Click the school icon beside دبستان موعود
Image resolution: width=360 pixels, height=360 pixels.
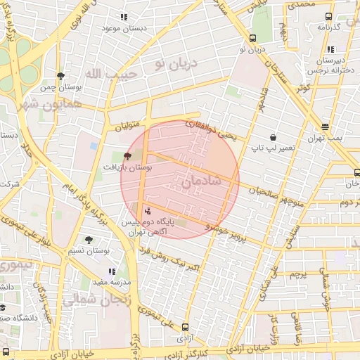[x=124, y=16]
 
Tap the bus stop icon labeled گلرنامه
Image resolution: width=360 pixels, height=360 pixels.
[x=328, y=16]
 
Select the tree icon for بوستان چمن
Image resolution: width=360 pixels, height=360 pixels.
[x=60, y=75]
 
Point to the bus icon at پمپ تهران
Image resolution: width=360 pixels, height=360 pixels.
[x=325, y=127]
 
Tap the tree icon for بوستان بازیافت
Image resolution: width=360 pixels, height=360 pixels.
[x=127, y=157]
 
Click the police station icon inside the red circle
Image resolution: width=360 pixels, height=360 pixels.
[x=147, y=210]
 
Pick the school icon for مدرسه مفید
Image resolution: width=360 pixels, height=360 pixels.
[x=111, y=271]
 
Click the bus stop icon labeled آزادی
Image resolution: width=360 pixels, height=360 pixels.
[x=185, y=327]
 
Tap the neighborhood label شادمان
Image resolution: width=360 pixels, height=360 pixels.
[x=202, y=181]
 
